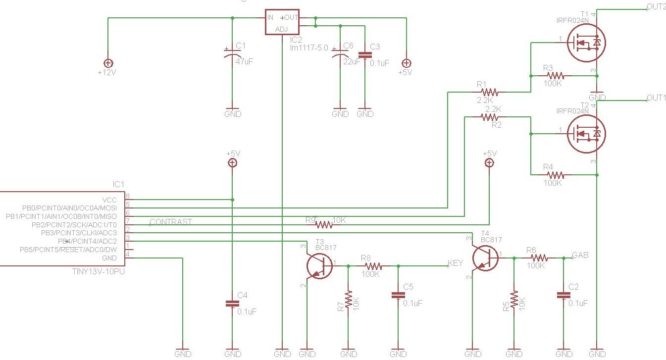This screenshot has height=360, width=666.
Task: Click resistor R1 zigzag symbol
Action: click(x=490, y=92)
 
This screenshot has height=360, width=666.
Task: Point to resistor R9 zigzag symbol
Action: click(x=324, y=225)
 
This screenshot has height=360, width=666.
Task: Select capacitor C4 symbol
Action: click(x=233, y=304)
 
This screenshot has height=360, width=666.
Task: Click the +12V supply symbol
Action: click(x=108, y=63)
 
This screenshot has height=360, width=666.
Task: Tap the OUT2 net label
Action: click(x=656, y=6)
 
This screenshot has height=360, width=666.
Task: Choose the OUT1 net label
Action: click(x=656, y=98)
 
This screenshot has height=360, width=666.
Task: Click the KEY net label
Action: click(x=455, y=263)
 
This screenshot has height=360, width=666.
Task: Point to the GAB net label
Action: click(x=580, y=255)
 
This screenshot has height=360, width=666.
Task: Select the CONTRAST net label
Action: click(x=170, y=222)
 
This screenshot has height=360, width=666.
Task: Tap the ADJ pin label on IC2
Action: click(x=281, y=30)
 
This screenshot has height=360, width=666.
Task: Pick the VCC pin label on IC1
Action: click(x=109, y=200)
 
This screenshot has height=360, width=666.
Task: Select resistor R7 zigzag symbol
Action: click(x=349, y=299)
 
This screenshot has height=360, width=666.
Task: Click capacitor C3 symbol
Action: click(x=365, y=55)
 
